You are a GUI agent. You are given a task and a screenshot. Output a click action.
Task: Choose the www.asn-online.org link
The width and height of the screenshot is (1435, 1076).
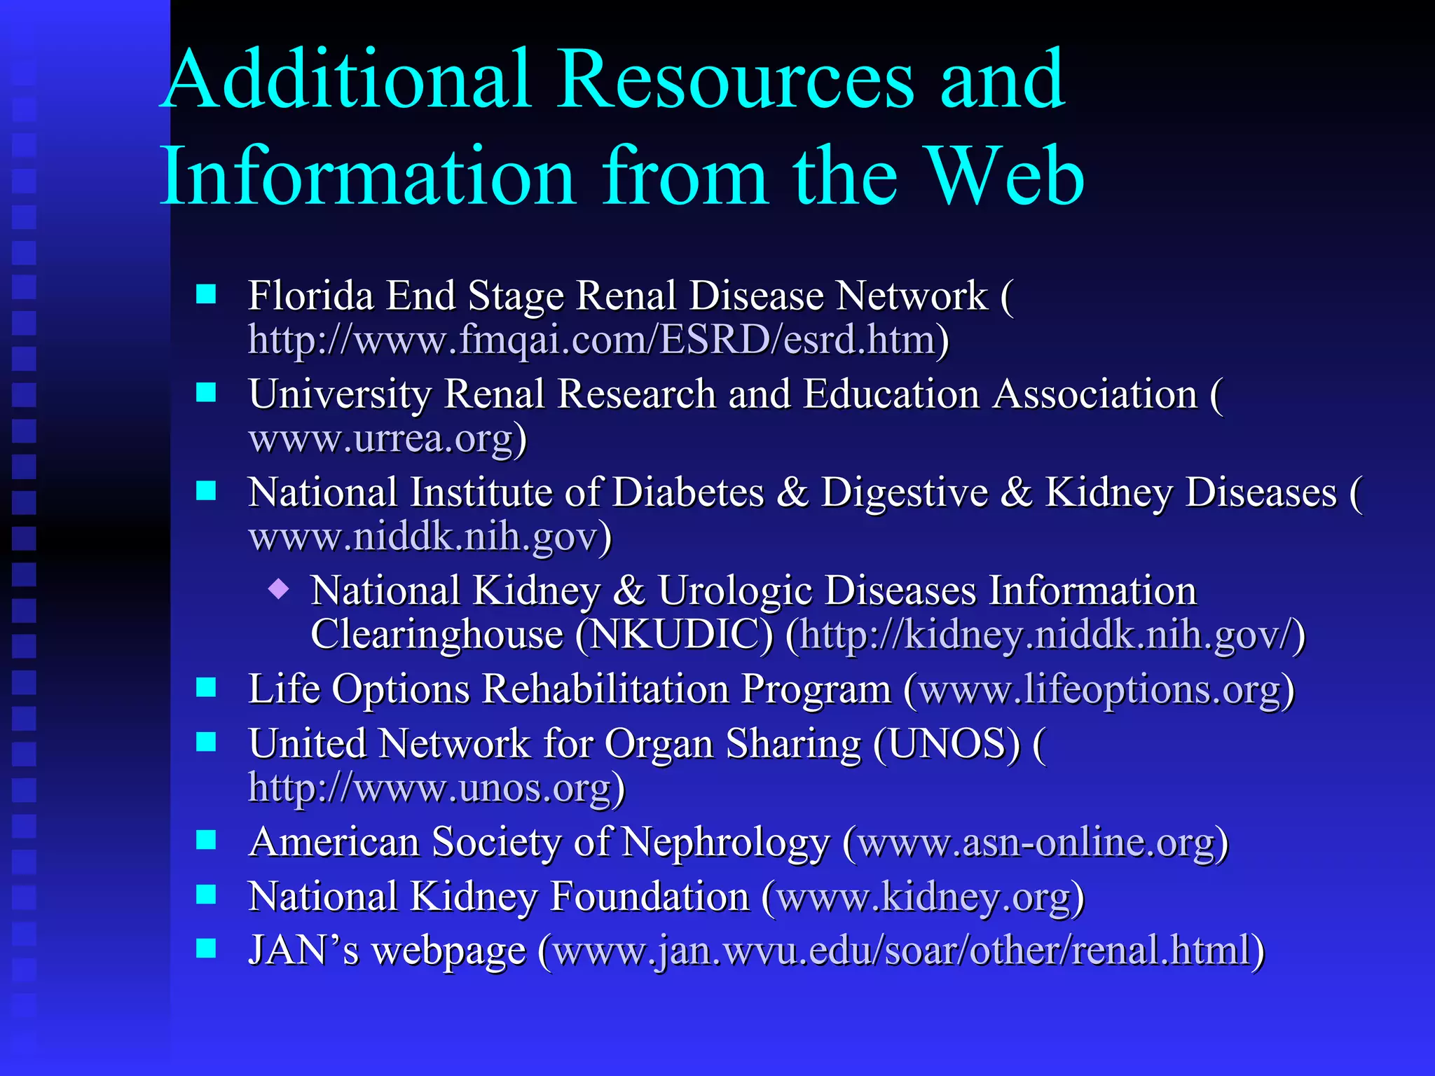tap(1036, 842)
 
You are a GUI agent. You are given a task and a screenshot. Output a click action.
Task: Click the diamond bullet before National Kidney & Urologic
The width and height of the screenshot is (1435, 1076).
tap(279, 589)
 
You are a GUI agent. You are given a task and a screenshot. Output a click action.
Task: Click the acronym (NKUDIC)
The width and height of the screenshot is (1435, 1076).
tap(674, 635)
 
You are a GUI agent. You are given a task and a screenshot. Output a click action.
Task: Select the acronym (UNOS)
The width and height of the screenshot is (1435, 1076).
tap(947, 744)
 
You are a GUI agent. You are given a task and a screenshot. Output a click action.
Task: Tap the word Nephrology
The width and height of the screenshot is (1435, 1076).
tap(725, 842)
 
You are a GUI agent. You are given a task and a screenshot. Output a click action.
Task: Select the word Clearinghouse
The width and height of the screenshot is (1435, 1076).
tap(437, 635)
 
